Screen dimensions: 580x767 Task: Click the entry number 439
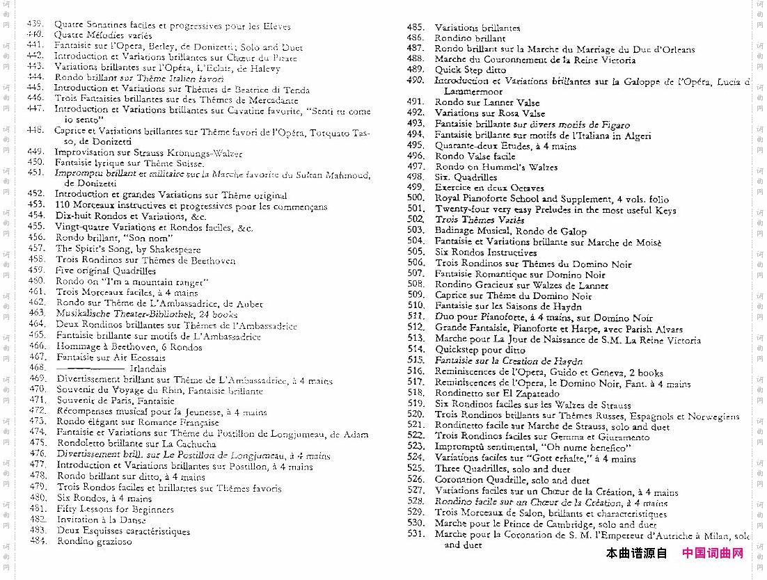point(35,24)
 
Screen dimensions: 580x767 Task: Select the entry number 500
point(416,198)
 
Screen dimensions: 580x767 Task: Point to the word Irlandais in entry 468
point(148,369)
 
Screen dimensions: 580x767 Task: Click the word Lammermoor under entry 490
point(473,91)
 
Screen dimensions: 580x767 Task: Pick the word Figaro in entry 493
point(610,124)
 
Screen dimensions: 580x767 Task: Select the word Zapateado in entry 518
point(535,393)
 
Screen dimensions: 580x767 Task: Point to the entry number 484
point(38,541)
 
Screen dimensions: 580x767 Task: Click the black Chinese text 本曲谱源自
point(636,554)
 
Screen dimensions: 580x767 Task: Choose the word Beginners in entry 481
point(152,508)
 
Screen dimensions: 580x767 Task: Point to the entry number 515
point(416,360)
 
